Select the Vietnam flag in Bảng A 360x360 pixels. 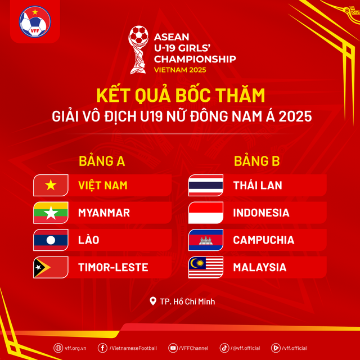51,185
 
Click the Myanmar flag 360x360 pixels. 51,213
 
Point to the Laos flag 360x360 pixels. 51,240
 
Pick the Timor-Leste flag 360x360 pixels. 51,268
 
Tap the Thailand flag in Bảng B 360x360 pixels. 205,185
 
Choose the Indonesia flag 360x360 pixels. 205,213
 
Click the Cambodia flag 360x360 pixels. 205,240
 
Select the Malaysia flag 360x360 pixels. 205,268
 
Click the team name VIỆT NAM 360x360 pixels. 102,185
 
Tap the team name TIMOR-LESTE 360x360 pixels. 113,268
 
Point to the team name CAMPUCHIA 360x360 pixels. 263,240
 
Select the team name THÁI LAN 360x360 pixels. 257,185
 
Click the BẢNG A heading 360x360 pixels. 101,162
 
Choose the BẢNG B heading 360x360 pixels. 256,162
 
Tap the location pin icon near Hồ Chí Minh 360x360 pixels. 152,301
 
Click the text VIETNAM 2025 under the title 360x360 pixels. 179,70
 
